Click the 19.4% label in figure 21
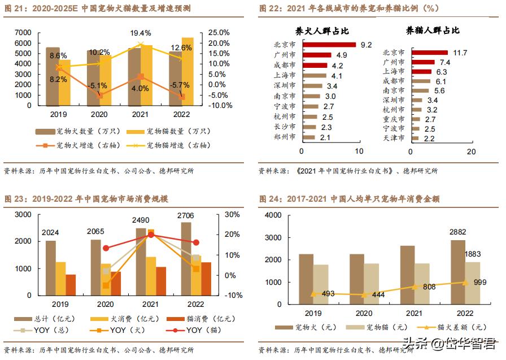click(x=140, y=33)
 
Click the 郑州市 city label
click(x=284, y=137)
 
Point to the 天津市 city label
click(x=394, y=138)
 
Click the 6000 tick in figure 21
click(x=23, y=43)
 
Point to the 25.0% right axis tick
click(x=220, y=33)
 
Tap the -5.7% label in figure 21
click(x=181, y=85)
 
